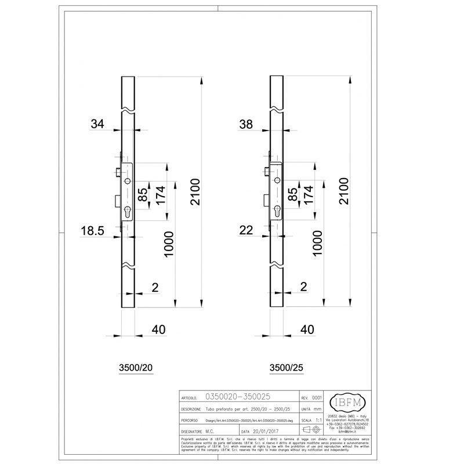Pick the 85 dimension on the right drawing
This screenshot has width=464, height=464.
pos(293,194)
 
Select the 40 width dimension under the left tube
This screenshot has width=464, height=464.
pos(158,329)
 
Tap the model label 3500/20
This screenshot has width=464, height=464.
pos(135,368)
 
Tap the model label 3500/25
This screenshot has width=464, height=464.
pos(286,368)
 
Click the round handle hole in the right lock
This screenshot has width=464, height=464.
pos(275,182)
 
